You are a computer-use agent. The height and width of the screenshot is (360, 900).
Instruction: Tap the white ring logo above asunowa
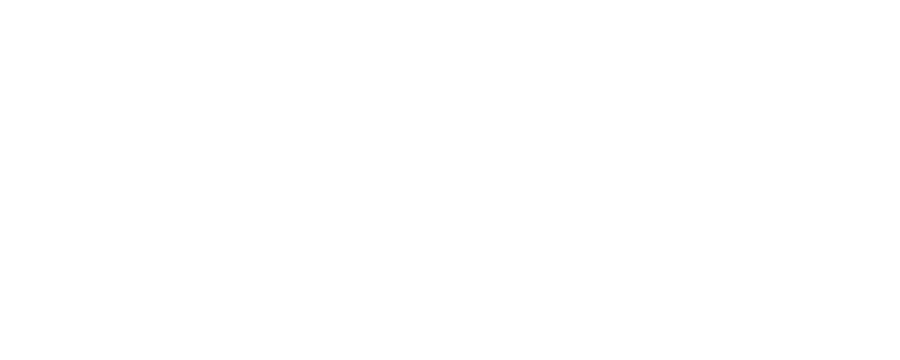[x=833, y=165]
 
